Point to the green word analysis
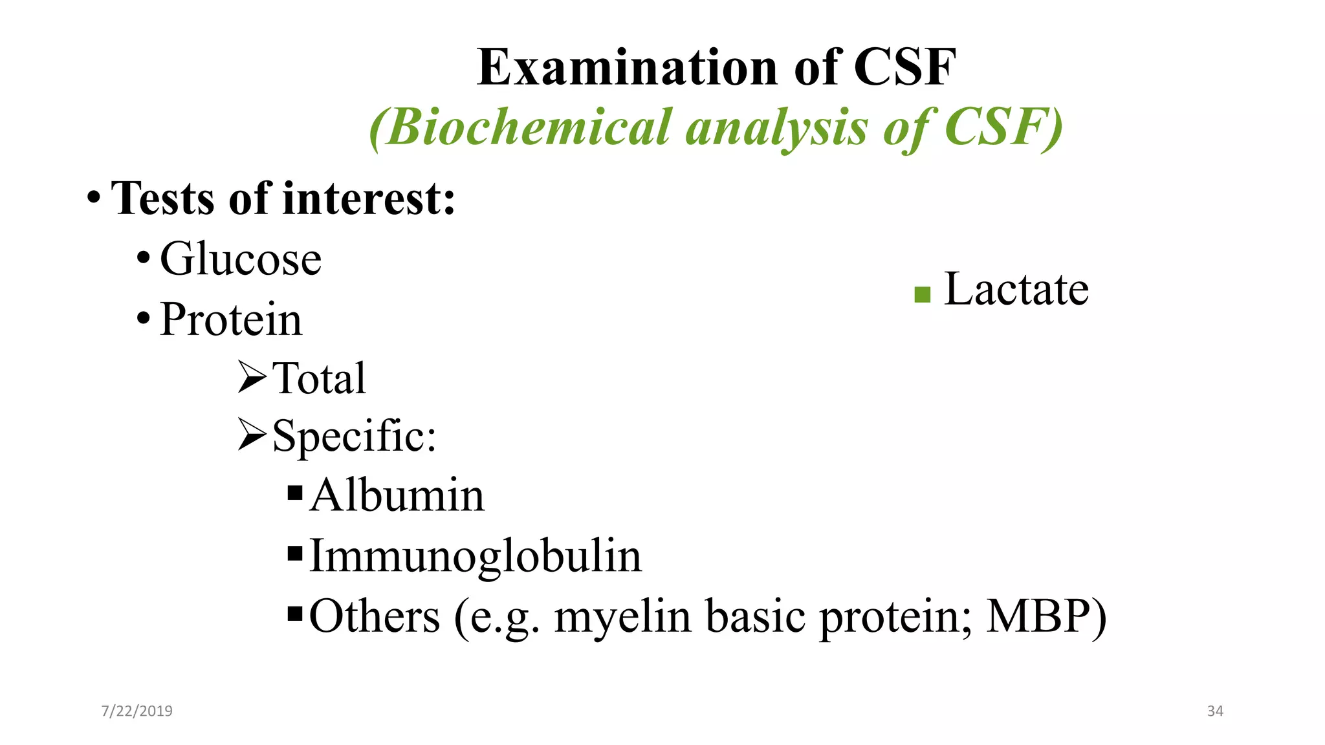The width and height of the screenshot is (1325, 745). coord(776,128)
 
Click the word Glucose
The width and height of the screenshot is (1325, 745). coord(241,259)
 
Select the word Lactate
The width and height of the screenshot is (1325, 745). coord(1016,289)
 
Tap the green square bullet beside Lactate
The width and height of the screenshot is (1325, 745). coord(922,295)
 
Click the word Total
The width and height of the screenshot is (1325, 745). coord(319,378)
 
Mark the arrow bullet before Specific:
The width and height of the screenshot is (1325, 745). coord(252,435)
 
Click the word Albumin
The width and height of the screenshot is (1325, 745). coord(397,495)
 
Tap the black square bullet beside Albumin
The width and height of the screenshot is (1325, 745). coord(295,493)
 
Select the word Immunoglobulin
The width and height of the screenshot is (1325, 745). coord(476,556)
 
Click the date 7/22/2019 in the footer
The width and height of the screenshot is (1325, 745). coord(137,711)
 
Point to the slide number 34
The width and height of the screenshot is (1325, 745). coord(1215,711)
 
